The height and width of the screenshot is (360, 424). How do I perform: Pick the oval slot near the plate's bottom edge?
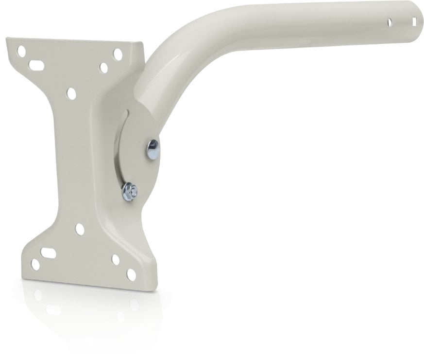(48, 252)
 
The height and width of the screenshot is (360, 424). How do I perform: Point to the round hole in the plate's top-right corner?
(117, 54)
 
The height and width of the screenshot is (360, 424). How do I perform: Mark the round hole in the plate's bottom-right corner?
(131, 273)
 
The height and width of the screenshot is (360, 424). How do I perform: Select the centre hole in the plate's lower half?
(80, 229)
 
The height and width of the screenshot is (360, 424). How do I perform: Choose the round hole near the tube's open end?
(389, 22)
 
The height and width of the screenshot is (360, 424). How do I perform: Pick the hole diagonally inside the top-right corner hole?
(103, 68)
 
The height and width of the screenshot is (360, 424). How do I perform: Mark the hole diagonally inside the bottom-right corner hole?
(115, 259)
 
